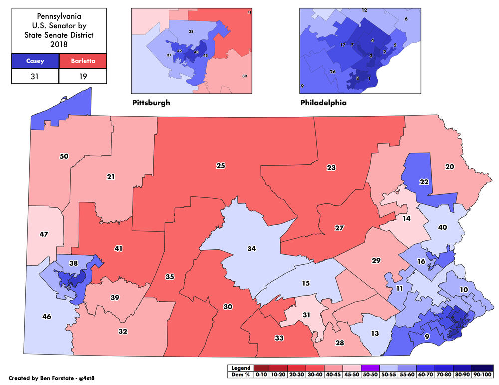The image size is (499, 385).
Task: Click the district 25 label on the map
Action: pyautogui.click(x=220, y=165)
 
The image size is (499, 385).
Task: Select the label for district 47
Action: pyautogui.click(x=44, y=233)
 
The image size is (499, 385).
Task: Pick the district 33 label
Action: pyautogui.click(x=279, y=338)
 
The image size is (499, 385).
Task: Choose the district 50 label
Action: pyautogui.click(x=64, y=156)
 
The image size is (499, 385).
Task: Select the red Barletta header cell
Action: pyautogui.click(x=83, y=61)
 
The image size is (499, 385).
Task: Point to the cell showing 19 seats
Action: pyautogui.click(x=83, y=76)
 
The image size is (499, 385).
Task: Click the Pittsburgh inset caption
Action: pyautogui.click(x=151, y=103)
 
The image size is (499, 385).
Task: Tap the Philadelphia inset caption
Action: pyautogui.click(x=323, y=103)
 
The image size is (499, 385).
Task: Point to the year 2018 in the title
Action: pyautogui.click(x=59, y=44)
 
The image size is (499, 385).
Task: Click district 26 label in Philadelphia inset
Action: pyautogui.click(x=332, y=72)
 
